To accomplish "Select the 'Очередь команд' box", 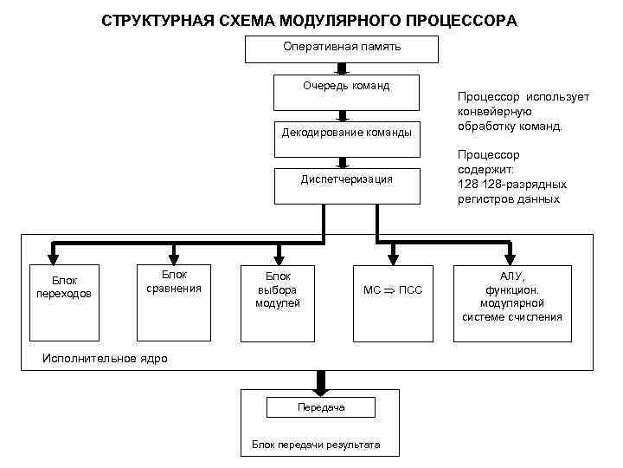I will [346, 90].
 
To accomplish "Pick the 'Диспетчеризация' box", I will [346, 184].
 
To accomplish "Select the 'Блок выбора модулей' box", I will [277, 301].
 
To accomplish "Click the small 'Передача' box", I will [321, 407].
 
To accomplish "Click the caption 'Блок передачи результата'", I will [316, 445].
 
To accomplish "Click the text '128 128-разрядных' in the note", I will [512, 185].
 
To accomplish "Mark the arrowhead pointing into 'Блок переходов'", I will [54, 255].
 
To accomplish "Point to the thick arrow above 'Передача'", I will [322, 382].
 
